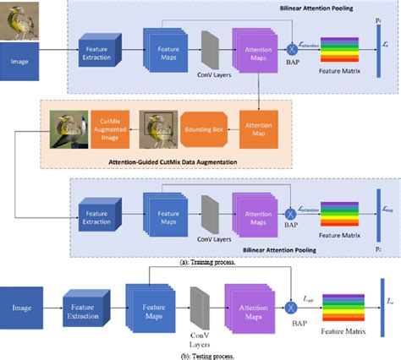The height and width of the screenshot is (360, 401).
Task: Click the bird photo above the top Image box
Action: (x=19, y=20)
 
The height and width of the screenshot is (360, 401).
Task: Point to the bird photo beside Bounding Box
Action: (x=157, y=130)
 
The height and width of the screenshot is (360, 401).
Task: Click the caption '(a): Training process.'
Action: (x=200, y=263)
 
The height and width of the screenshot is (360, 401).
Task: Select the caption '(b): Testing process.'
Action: (x=200, y=356)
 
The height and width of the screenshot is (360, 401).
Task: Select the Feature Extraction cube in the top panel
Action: (x=100, y=52)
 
